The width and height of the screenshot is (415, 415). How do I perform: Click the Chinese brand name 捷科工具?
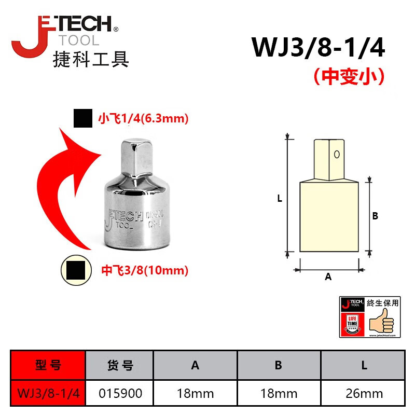[91, 60]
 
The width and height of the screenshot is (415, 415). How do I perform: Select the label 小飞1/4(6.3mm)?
[143, 119]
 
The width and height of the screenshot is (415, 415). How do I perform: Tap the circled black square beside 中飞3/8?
[76, 270]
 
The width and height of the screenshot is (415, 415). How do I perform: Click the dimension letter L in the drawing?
[280, 198]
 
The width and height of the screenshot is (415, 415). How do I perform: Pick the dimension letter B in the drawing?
[375, 216]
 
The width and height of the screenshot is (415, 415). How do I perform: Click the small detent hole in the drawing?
[337, 154]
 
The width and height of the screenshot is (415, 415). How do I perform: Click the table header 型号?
[48, 365]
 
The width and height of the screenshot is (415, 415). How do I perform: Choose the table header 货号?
[120, 365]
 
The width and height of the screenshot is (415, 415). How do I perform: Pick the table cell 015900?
[120, 394]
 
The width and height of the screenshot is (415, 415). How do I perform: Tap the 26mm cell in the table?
[364, 394]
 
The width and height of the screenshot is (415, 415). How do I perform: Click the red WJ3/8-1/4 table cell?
[48, 394]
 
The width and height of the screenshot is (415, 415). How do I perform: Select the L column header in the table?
[364, 365]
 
